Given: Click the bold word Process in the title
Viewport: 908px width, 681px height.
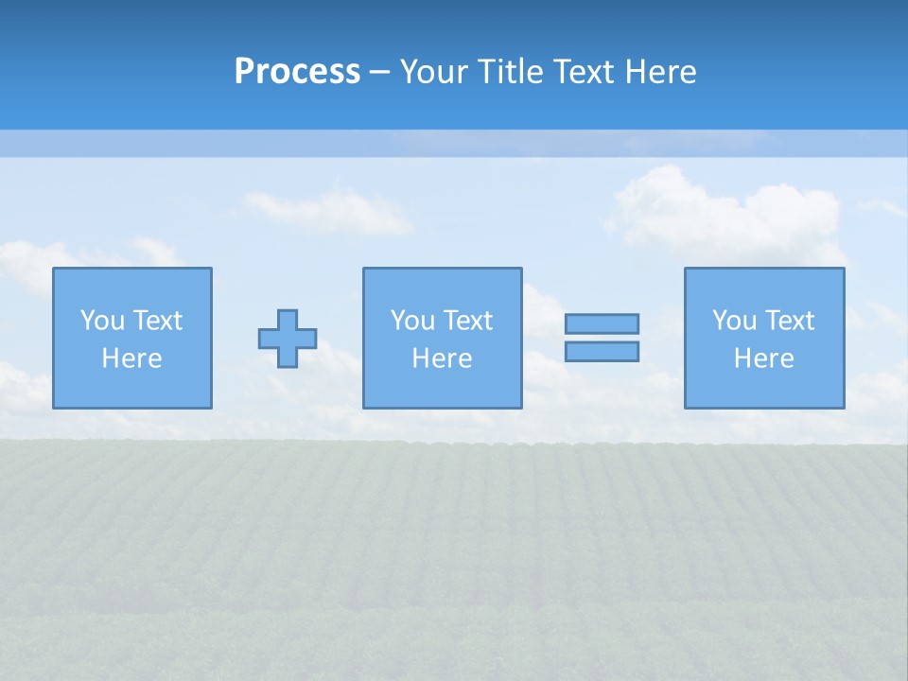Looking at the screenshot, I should pos(297,72).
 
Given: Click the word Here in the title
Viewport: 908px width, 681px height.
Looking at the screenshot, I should pos(664,72).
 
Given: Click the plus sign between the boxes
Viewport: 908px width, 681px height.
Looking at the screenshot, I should pos(288,338).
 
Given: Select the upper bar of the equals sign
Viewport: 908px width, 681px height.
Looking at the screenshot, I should pos(602,323).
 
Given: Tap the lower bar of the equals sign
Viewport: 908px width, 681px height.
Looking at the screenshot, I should pos(602,351).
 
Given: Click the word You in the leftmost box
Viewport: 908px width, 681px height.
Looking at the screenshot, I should pos(101,321).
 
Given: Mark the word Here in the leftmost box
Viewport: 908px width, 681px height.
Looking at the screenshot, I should pos(131,358).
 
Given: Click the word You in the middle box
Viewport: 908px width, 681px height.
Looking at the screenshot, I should pos(411,321).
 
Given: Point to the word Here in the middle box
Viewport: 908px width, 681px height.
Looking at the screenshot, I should pos(442,358).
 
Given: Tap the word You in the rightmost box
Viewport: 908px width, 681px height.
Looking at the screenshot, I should pos(733,321).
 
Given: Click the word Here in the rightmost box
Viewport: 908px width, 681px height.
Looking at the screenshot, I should pos(763,358).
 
